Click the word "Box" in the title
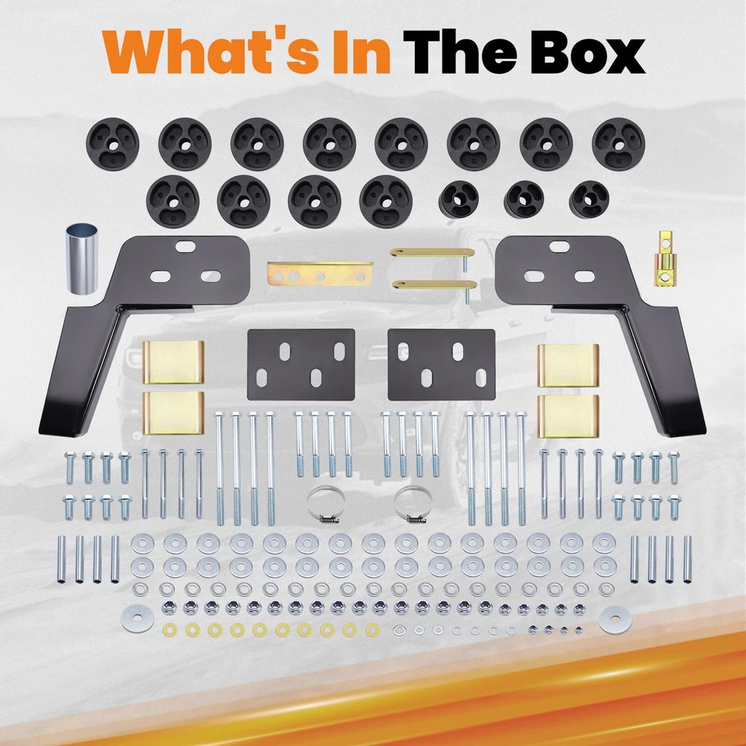pyautogui.click(x=589, y=52)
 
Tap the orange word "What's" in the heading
pyautogui.click(x=210, y=52)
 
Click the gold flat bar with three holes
pyautogui.click(x=320, y=274)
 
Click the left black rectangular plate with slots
pyautogui.click(x=301, y=365)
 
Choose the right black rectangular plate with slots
pyautogui.click(x=442, y=365)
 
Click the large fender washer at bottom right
pyautogui.click(x=615, y=619)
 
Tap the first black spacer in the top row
pyautogui.click(x=113, y=144)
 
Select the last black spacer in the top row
pyautogui.click(x=618, y=144)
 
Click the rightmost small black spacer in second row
pyautogui.click(x=589, y=199)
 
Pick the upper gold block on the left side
pyautogui.click(x=173, y=362)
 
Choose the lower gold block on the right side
pyautogui.click(x=568, y=416)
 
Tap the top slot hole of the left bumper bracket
pyautogui.click(x=186, y=246)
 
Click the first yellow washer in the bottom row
pyautogui.click(x=169, y=630)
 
